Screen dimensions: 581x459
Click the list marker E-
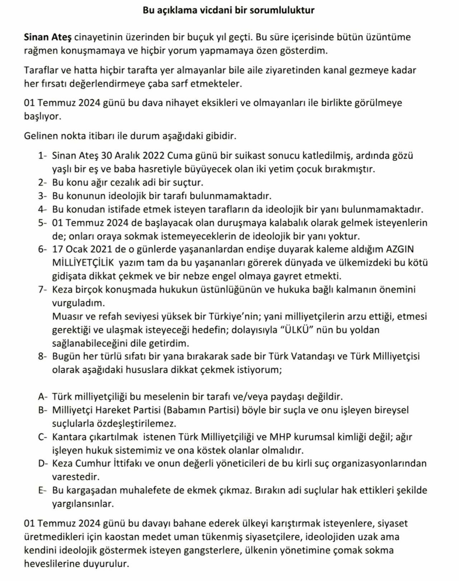[43, 491]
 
